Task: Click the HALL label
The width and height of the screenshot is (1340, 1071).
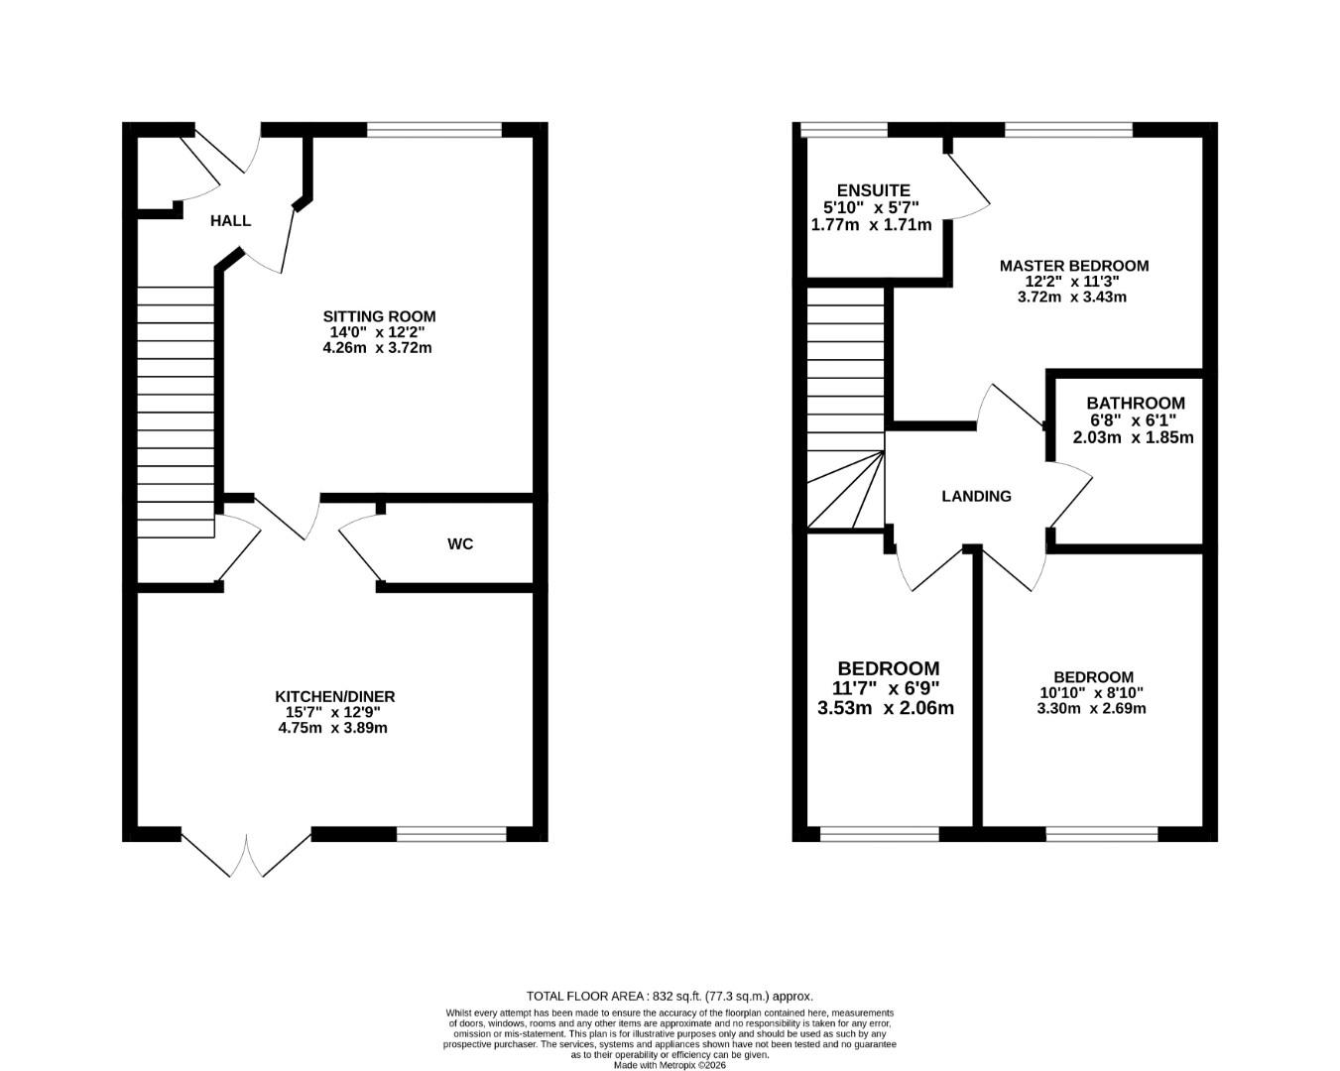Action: point(230,221)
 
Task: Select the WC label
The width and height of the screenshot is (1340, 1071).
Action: point(460,544)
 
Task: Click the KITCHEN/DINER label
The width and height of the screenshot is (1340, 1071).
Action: point(334,697)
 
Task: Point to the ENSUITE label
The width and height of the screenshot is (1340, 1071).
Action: point(873,190)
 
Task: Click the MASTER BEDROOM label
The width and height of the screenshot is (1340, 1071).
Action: point(1073,266)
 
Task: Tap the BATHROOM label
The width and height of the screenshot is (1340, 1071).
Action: point(1135,404)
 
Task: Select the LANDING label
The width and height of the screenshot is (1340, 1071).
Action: point(976,496)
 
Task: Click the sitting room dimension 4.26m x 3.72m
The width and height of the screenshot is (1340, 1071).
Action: point(377,348)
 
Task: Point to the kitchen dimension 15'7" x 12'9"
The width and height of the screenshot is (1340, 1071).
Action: point(333,712)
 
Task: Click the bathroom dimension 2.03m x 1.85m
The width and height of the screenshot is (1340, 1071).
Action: point(1133,437)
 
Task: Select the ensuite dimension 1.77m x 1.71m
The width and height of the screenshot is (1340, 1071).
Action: point(871,225)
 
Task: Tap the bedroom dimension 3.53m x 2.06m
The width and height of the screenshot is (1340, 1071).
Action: point(885,708)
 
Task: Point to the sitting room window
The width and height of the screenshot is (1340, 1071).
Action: point(434,129)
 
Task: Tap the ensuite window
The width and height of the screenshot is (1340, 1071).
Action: point(844,129)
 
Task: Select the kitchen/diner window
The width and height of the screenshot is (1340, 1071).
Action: point(451,834)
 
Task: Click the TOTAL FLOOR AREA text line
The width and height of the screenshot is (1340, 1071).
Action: point(669,996)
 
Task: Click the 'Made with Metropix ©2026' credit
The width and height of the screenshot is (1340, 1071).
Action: point(670,1066)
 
